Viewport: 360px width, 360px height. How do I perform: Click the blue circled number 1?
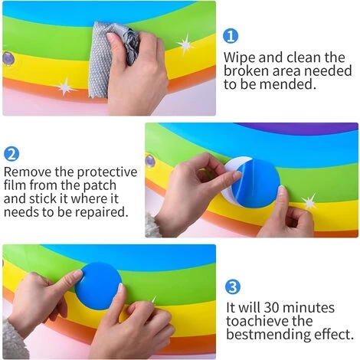tap(231, 36)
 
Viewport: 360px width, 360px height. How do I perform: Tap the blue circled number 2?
tap(11, 154)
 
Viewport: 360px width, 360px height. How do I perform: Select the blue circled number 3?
tap(233, 286)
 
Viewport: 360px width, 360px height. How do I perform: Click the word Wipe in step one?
tap(240, 57)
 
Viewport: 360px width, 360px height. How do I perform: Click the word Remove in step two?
tap(28, 172)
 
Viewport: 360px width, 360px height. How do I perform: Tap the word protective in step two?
tap(107, 172)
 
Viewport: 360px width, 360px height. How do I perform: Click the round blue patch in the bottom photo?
tap(98, 286)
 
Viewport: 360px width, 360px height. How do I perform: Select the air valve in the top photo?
tap(8, 59)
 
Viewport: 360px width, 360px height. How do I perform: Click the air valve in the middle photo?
tap(150, 162)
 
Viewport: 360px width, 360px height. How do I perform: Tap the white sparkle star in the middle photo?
tap(309, 201)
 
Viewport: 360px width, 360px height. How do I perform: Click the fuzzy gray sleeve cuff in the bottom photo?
tap(14, 339)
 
